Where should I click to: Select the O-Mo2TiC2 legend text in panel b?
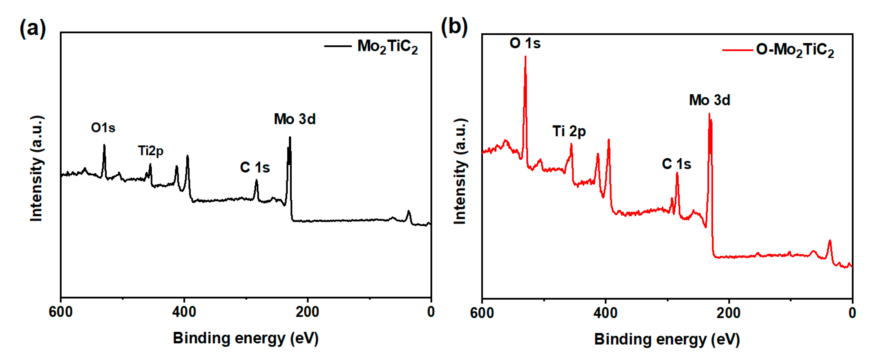coord(795,50)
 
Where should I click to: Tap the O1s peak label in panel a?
coord(103,128)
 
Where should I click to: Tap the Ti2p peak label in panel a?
coord(151,151)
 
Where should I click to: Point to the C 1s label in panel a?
coord(255,167)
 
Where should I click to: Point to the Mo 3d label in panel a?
coord(294,119)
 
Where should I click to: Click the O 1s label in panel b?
coord(525,43)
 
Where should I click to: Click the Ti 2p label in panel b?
coord(569,131)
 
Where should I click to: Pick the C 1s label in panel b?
coord(676,164)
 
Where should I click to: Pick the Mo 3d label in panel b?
coord(709,100)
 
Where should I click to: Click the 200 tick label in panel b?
coord(728,313)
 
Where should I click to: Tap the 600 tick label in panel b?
coord(482,313)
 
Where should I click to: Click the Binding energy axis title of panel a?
coord(245,338)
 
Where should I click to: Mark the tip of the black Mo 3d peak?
coord(290,137)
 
